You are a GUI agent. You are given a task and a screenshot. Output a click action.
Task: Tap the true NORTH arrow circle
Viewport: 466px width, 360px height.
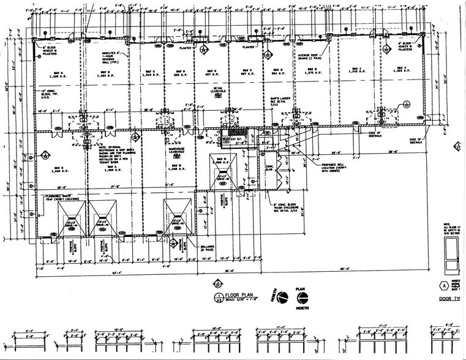tap(282, 298)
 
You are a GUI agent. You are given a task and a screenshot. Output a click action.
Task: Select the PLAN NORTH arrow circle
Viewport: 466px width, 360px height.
tap(302, 298)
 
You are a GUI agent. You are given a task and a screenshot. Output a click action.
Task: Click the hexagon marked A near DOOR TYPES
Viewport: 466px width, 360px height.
tap(443, 285)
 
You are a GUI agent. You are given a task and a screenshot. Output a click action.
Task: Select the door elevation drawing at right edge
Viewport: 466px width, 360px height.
tap(451, 254)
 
